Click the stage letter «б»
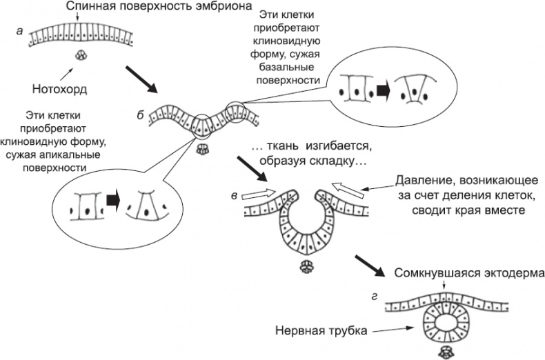coord(140,114)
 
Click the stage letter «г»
coord(373,297)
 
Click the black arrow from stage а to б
coord(141,79)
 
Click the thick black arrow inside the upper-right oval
coord(382,90)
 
